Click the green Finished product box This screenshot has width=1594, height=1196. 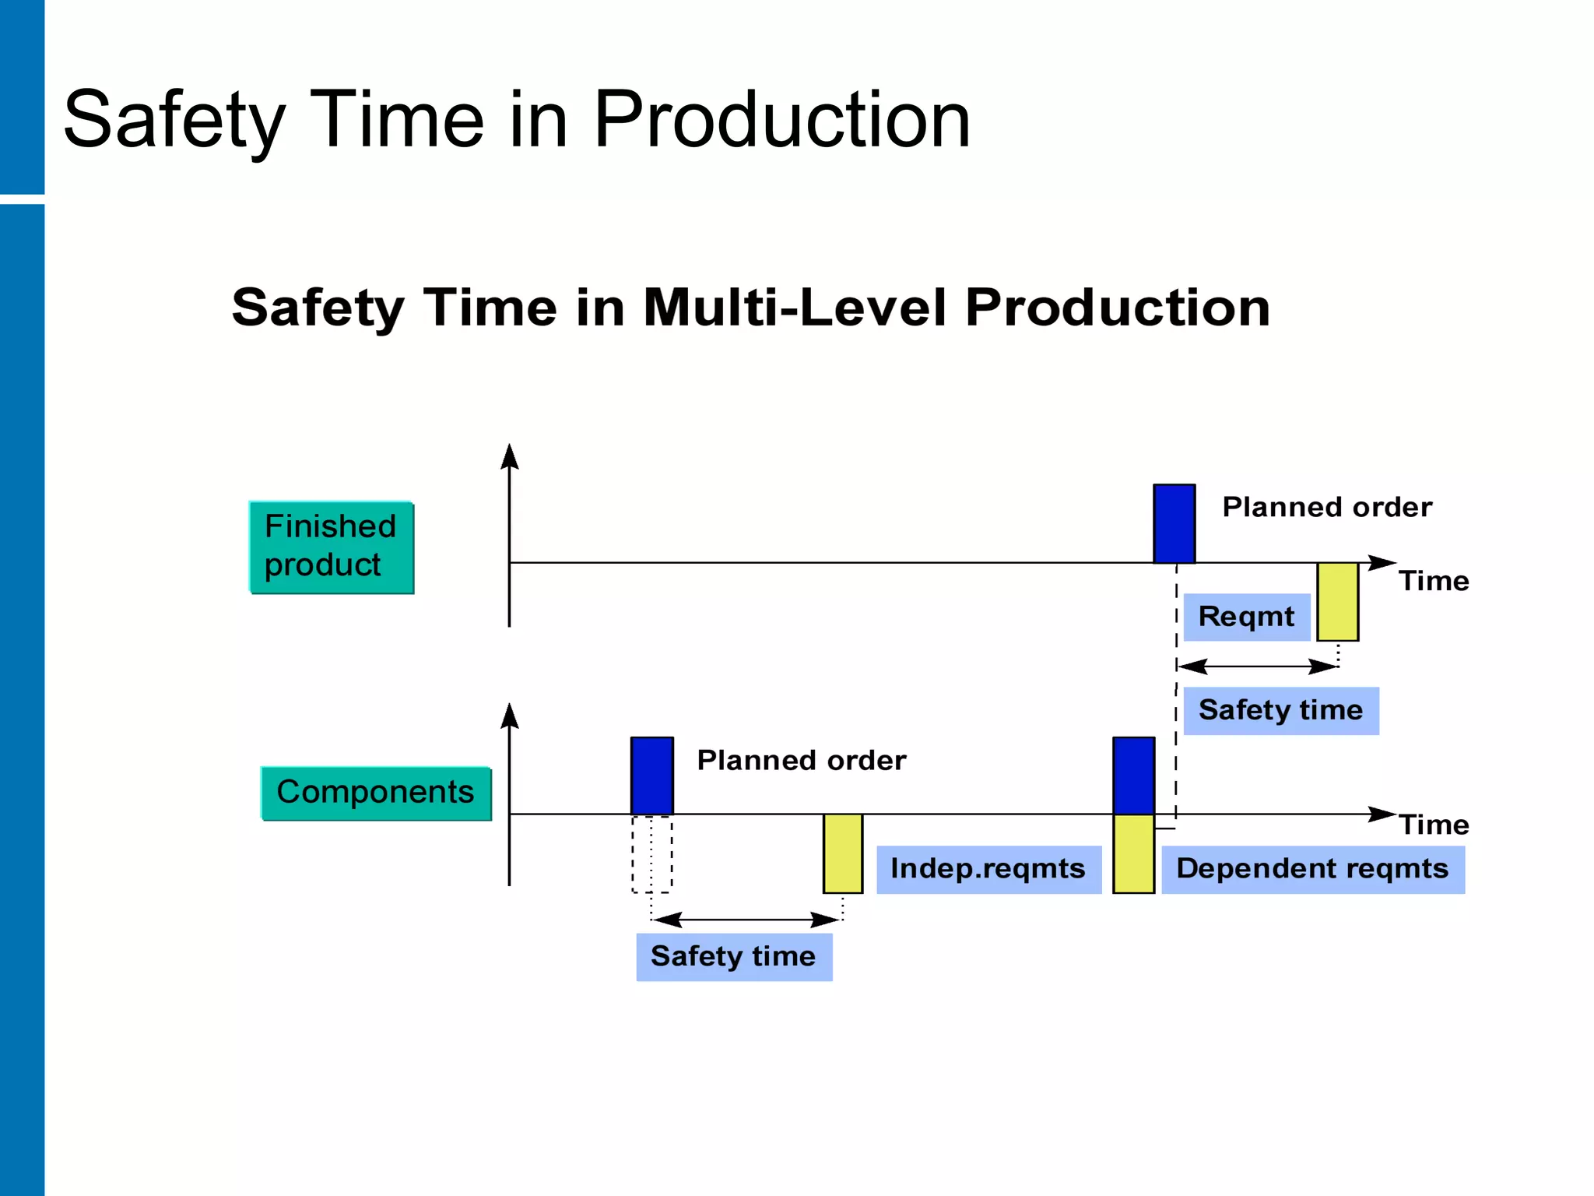coord(332,547)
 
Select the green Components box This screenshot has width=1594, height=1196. coord(376,793)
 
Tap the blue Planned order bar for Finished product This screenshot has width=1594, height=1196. coord(1174,523)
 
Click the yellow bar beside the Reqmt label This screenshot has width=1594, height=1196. coord(1337,602)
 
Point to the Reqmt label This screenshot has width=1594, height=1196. coord(1246,617)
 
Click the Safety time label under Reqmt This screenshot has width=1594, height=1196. coord(1280,710)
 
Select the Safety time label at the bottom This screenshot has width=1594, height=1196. coord(733,956)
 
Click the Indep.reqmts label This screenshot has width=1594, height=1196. coord(988,869)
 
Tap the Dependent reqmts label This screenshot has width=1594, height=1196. coord(1312,869)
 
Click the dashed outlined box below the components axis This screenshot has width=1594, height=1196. coord(651,854)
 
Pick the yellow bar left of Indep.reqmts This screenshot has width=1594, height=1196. coord(843,853)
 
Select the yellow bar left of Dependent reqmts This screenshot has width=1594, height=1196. coord(1133,853)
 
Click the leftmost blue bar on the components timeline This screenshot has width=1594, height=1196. coord(651,776)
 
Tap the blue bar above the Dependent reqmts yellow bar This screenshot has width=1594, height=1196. coord(1133,776)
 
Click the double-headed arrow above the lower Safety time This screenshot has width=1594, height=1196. coord(746,920)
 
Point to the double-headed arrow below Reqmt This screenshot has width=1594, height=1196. coord(1257,667)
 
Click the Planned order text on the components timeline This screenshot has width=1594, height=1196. coord(801,760)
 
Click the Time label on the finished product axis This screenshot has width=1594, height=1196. coord(1434,581)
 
